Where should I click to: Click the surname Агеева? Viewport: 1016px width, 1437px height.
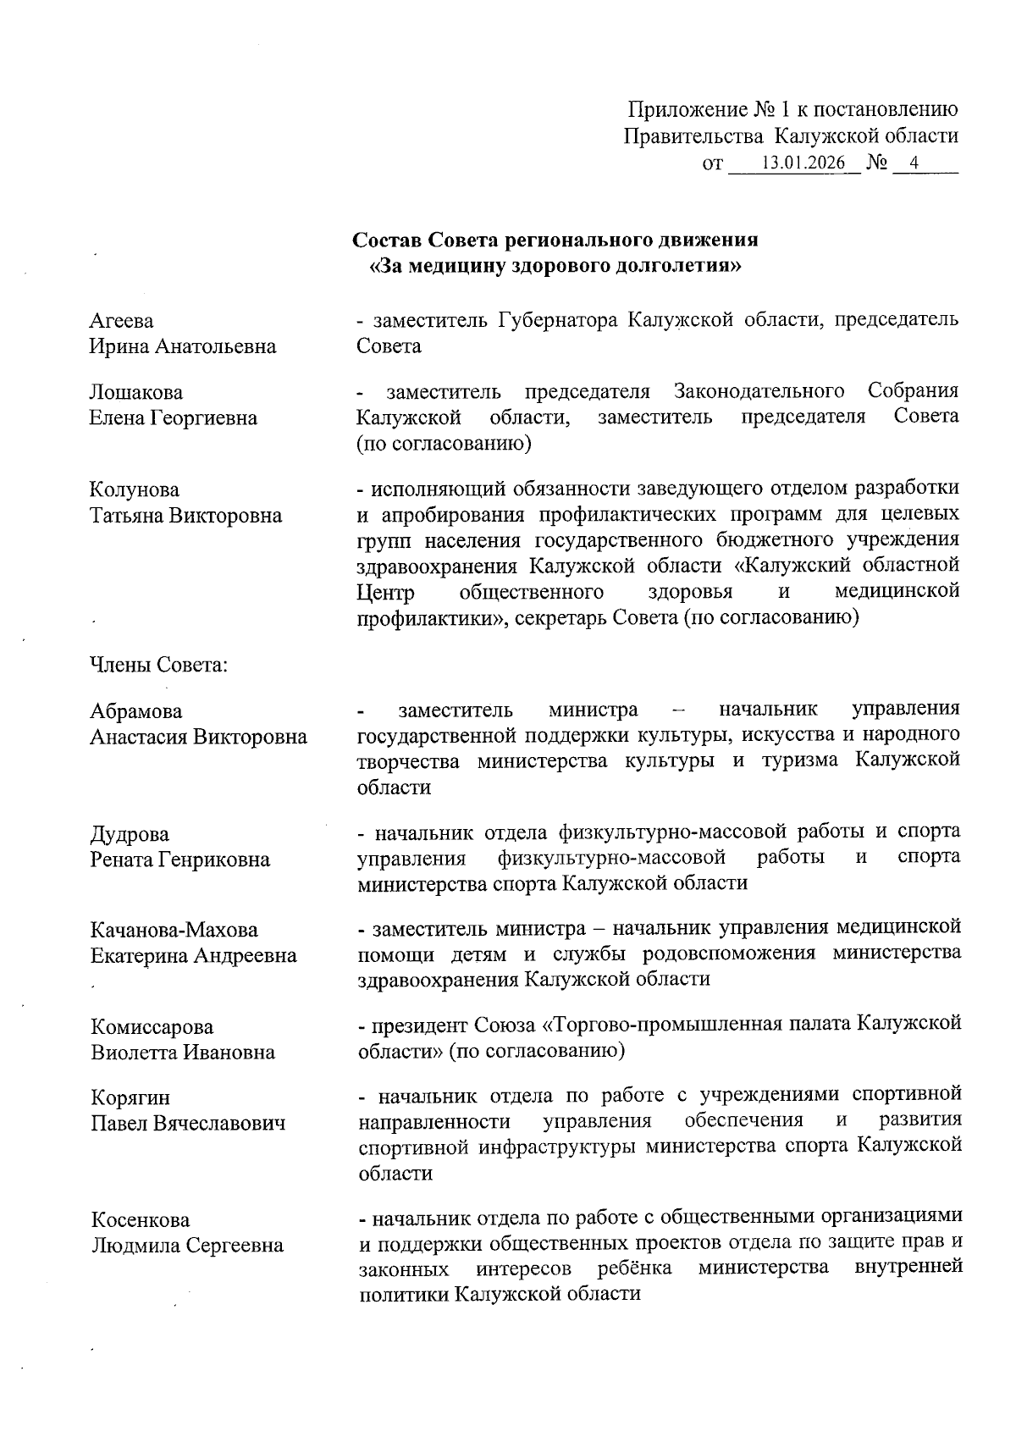pyautogui.click(x=122, y=321)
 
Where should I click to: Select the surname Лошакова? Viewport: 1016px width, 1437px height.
pyautogui.click(x=135, y=393)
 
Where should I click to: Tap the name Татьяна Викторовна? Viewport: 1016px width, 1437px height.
pyautogui.click(x=185, y=516)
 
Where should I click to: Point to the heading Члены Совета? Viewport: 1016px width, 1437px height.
pyautogui.click(x=159, y=666)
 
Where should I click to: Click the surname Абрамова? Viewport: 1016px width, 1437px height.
pyautogui.click(x=136, y=711)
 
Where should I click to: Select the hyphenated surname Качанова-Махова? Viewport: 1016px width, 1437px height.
pyautogui.click(x=174, y=931)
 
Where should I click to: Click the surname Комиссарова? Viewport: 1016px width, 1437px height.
pyautogui.click(x=152, y=1028)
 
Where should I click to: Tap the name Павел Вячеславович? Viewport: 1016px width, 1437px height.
pyautogui.click(x=188, y=1124)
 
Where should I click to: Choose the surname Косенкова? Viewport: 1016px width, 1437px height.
pyautogui.click(x=140, y=1220)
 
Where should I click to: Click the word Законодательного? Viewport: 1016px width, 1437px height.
pyautogui.click(x=759, y=391)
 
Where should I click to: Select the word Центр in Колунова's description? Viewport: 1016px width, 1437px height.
pyautogui.click(x=385, y=591)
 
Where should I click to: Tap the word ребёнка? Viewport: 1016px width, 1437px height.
pyautogui.click(x=634, y=1268)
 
